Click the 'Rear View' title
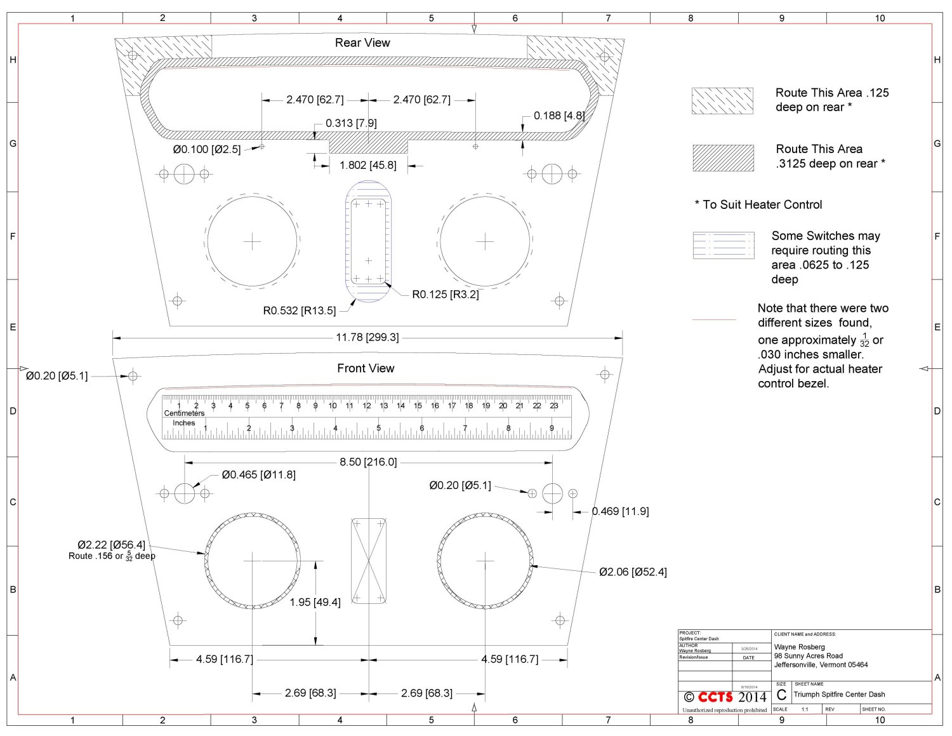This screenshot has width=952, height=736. tap(362, 43)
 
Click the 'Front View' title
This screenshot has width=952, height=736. tap(366, 368)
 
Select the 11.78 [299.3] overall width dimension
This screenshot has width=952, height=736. tap(367, 337)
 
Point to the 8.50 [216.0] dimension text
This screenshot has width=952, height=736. tap(368, 462)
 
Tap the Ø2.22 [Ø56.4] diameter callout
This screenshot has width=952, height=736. tap(111, 545)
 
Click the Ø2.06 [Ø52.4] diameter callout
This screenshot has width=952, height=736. tap(633, 572)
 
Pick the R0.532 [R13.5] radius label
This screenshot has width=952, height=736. tap(299, 311)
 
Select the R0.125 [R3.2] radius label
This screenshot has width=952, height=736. tap(446, 295)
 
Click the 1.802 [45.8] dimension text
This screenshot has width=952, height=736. tap(368, 165)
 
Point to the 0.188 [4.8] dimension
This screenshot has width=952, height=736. tap(559, 116)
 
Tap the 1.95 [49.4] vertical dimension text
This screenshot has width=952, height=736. tap(315, 602)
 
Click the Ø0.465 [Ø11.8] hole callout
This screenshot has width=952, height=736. tap(258, 474)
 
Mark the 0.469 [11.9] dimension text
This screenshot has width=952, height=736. tap(620, 511)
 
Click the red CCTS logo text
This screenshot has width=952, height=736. tap(715, 697)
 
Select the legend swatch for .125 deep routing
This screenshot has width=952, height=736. tap(722, 101)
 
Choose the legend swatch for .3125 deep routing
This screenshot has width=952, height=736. tap(723, 157)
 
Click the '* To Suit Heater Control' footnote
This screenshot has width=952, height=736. tap(758, 204)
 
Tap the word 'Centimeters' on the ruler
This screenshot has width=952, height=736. tap(184, 413)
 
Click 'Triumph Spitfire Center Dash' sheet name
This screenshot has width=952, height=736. tap(839, 695)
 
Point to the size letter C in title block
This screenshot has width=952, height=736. tap(781, 695)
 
